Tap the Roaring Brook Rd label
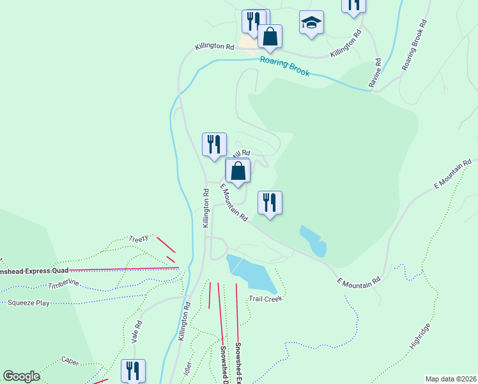414,45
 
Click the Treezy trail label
139,238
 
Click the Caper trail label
70,362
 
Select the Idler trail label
188,369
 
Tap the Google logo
21,376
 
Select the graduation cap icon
311,23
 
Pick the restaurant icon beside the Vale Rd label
133,370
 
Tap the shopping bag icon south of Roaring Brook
238,171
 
